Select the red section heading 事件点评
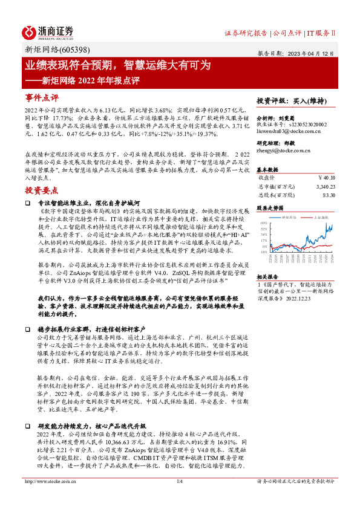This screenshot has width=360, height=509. (42, 97)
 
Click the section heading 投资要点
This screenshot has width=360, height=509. (42, 172)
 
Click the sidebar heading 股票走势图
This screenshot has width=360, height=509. (270, 206)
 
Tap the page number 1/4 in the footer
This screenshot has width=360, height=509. (179, 498)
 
